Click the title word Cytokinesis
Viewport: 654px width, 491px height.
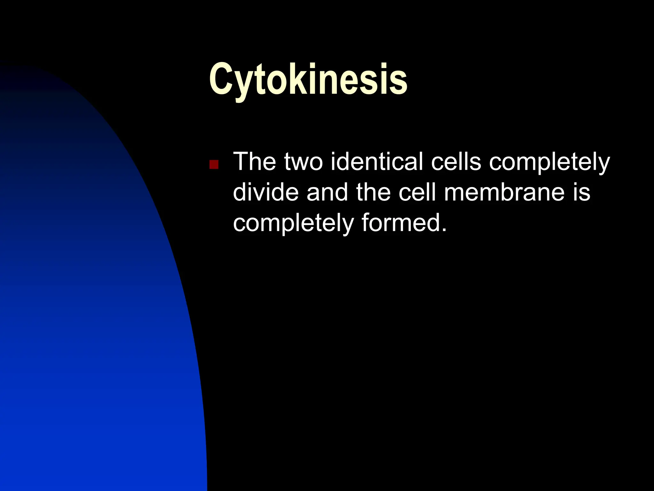[308, 79]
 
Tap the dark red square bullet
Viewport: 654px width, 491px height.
[214, 165]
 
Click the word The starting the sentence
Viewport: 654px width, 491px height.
[255, 162]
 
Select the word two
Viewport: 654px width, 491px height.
[303, 162]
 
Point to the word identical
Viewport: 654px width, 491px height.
[377, 162]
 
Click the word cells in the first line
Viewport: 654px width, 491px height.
[456, 162]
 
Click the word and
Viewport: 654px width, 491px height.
[327, 192]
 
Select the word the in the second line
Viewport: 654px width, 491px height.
[373, 192]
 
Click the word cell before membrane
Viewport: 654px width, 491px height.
[417, 192]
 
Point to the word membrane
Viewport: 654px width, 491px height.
[504, 192]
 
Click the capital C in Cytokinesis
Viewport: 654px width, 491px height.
[223, 79]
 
